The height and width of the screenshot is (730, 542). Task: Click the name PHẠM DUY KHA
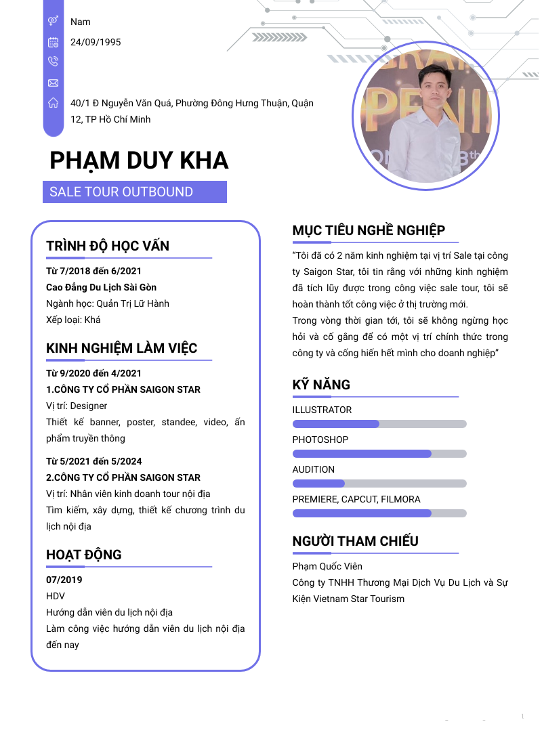point(139,160)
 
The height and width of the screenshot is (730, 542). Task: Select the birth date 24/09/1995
point(96,42)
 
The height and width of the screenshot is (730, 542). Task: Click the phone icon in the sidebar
point(54,62)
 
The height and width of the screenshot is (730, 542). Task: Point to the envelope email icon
point(54,83)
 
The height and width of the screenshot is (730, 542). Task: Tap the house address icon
point(54,103)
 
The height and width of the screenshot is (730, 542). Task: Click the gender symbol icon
point(54,22)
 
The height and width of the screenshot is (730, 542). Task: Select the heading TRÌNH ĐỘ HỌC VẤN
point(108,246)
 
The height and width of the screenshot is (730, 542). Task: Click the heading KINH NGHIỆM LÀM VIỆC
point(122,348)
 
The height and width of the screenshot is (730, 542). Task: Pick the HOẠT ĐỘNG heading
point(84,555)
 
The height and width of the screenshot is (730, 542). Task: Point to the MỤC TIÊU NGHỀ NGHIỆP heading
point(369,230)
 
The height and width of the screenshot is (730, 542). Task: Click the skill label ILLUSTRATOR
point(322,410)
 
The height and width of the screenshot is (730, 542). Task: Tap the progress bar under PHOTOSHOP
point(379,454)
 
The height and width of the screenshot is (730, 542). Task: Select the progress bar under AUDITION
point(379,484)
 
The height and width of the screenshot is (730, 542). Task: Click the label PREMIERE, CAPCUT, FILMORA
point(356,499)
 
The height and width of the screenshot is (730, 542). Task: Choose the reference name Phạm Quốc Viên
point(327,566)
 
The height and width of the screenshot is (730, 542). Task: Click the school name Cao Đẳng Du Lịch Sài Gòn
point(101,287)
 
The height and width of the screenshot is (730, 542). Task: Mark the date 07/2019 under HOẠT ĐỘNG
point(64,580)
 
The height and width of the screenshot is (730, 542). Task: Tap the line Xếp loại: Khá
point(73,320)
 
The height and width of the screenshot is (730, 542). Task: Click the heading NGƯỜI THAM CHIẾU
point(355,541)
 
